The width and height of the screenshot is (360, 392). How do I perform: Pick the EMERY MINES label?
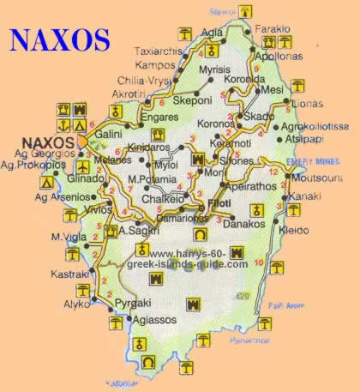[x=312, y=159]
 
